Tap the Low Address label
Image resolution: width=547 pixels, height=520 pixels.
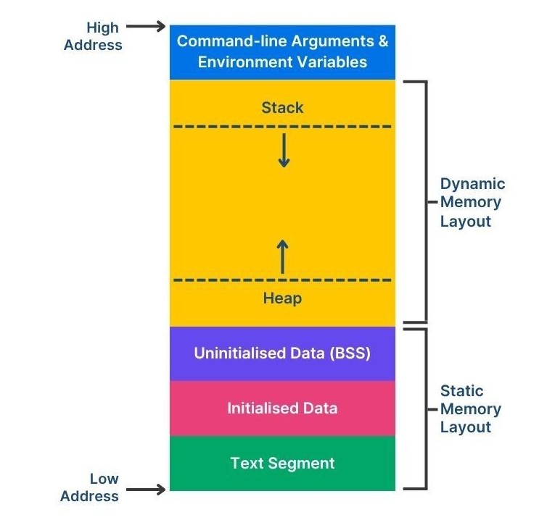89,487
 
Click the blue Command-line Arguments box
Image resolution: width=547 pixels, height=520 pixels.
282,51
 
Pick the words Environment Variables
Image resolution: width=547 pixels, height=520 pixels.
282,62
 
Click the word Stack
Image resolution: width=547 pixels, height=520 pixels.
282,108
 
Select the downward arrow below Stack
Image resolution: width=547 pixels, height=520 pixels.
283,151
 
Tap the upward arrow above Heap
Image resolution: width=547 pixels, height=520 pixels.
282,257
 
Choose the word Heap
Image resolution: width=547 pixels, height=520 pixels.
282,298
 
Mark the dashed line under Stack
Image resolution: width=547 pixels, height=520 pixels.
218,127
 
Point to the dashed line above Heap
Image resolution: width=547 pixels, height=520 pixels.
218,280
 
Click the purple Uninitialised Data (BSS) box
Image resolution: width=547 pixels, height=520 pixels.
282,353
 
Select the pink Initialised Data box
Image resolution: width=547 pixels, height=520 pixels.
282,408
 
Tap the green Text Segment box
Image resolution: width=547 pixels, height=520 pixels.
282,464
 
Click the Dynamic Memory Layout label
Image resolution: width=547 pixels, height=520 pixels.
472,203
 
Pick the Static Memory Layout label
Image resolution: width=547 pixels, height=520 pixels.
470,409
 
